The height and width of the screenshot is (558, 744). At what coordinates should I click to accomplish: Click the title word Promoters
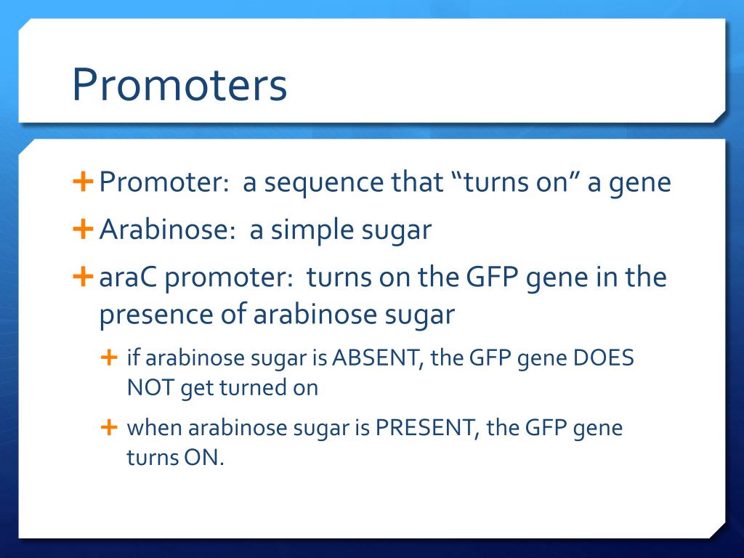click(179, 84)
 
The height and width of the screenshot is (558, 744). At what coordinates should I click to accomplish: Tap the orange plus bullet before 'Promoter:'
click(83, 182)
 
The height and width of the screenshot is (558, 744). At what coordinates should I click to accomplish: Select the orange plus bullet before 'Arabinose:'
click(83, 229)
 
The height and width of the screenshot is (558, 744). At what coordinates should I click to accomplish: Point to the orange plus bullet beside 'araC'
click(83, 277)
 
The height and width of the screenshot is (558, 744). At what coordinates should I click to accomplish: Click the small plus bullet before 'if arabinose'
click(109, 357)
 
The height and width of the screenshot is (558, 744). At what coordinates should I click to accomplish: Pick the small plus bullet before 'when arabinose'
click(109, 427)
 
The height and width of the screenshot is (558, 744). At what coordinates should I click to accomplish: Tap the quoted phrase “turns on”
click(514, 182)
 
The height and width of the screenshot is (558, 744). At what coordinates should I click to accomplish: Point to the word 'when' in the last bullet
click(154, 427)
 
